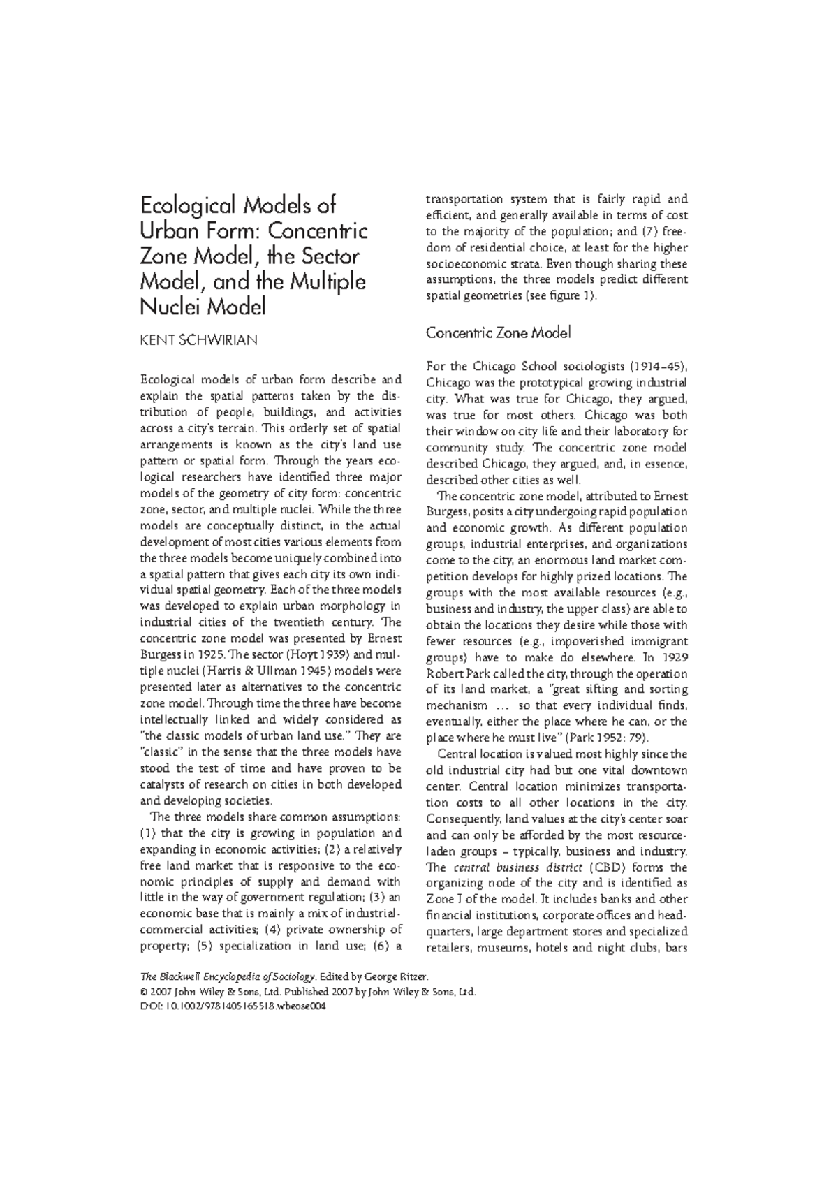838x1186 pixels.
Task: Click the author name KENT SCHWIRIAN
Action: coord(199,340)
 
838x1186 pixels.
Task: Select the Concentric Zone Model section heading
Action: coord(498,332)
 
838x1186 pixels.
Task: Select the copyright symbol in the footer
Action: coord(144,992)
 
